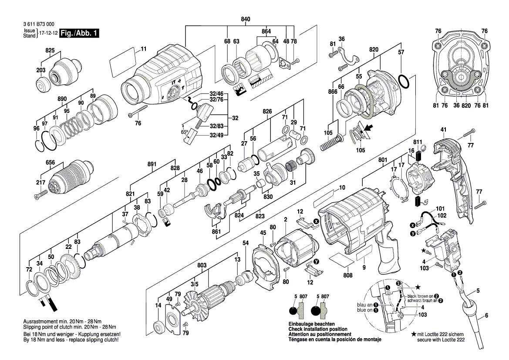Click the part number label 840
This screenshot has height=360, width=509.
pos(246,19)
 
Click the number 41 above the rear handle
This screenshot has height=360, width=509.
pos(444,130)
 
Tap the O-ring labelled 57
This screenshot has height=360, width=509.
pos(404,81)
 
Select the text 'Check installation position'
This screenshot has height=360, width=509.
pos(318,329)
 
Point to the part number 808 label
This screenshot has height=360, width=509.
pos(347,275)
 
